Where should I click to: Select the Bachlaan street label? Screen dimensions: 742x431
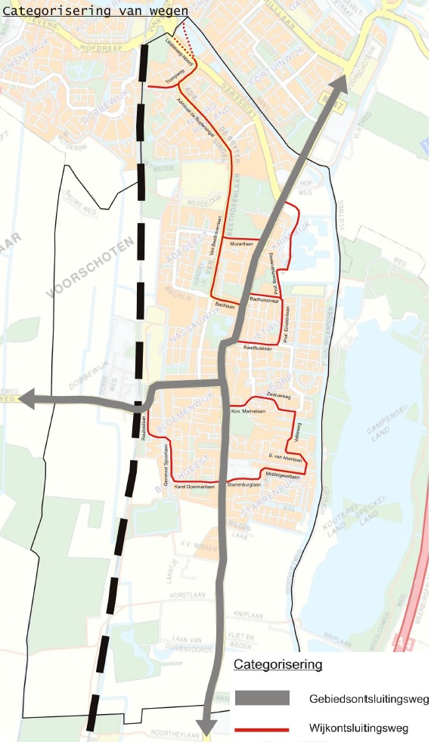[x=225, y=305]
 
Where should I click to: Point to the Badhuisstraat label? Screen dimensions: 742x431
[x=265, y=301]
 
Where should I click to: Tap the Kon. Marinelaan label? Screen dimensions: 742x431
[x=247, y=411]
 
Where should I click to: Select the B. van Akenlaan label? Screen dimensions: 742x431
[x=284, y=458]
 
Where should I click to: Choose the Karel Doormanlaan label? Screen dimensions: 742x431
[x=191, y=487]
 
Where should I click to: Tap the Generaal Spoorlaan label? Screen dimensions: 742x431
[x=165, y=465]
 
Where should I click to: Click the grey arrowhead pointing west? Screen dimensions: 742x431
[x=27, y=398]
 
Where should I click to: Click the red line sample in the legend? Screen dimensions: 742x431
[x=262, y=730]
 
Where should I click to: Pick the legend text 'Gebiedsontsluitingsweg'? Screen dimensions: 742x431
[x=368, y=697]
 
